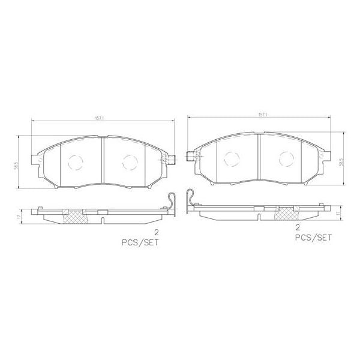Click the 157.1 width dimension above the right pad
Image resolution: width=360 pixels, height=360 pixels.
262,113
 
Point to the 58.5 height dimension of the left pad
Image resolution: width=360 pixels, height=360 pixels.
20,162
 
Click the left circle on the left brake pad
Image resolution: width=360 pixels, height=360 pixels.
76,161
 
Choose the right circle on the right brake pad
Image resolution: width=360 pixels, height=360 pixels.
286,158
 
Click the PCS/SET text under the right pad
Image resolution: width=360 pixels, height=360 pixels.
313,238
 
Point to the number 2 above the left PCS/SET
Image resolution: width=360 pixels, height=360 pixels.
157,232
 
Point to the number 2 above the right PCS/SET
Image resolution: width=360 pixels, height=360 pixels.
297,227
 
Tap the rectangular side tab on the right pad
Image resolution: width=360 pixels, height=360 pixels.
191,157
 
